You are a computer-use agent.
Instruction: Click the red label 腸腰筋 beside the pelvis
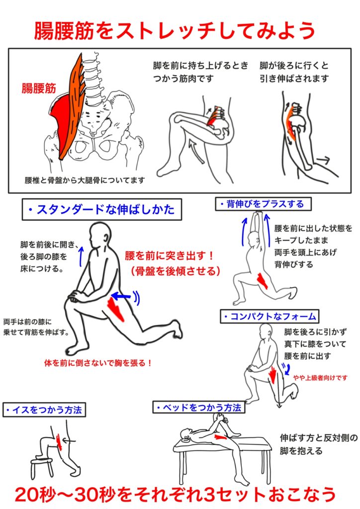click(x=39, y=88)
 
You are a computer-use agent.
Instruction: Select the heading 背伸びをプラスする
click(x=263, y=204)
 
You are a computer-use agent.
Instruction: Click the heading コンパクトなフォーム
click(x=270, y=316)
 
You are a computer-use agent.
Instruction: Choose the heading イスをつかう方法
click(x=44, y=410)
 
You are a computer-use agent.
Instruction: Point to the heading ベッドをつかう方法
click(x=199, y=408)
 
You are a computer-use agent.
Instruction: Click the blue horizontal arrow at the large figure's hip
click(x=121, y=296)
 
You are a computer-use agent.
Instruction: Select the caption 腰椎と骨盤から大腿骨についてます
click(x=85, y=180)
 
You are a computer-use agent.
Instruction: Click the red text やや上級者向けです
click(x=320, y=378)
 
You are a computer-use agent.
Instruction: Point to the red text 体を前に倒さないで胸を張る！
click(x=98, y=362)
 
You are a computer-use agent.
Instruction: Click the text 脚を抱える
click(x=301, y=451)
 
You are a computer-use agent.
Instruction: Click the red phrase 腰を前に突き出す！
click(x=170, y=256)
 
